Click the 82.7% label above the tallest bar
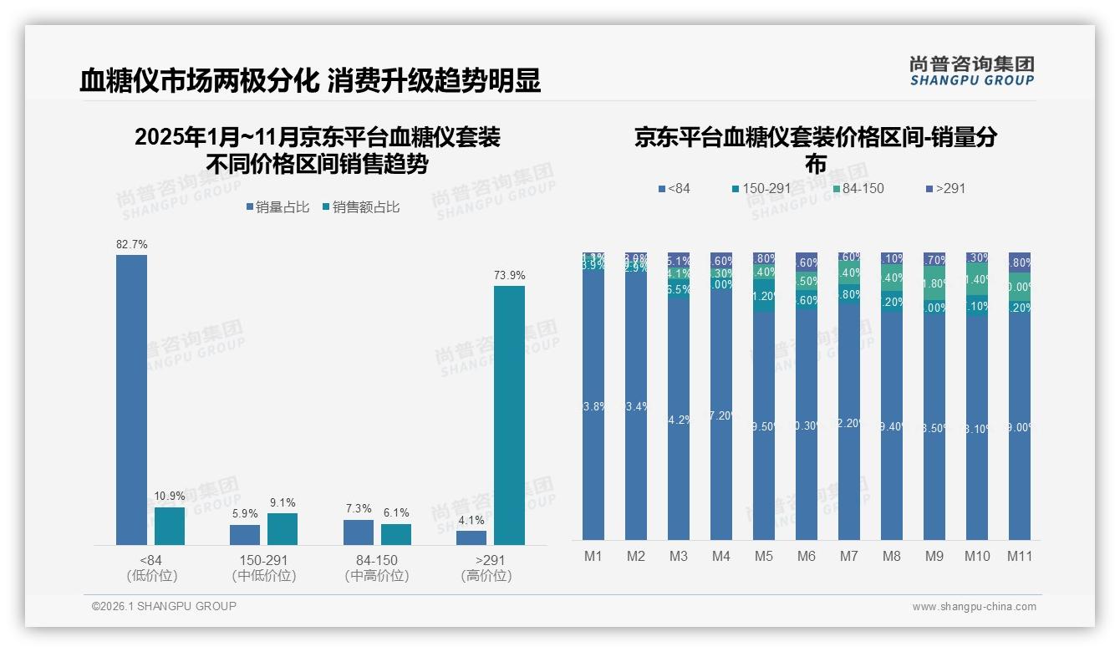pyautogui.click(x=132, y=245)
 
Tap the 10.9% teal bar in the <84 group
pyautogui.click(x=170, y=526)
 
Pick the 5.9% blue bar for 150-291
pyautogui.click(x=245, y=535)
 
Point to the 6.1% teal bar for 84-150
pyautogui.click(x=396, y=535)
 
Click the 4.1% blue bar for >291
pyautogui.click(x=471, y=537)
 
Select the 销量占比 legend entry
pyautogui.click(x=278, y=207)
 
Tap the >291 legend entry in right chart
pyautogui.click(x=946, y=189)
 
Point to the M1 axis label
pyautogui.click(x=593, y=556)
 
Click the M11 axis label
pyautogui.click(x=1019, y=556)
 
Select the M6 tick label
pyautogui.click(x=806, y=556)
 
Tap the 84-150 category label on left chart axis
pyautogui.click(x=377, y=560)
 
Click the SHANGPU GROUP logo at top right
pyautogui.click(x=971, y=71)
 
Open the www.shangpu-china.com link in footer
pyautogui.click(x=974, y=607)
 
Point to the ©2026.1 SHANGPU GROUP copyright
pyautogui.click(x=164, y=606)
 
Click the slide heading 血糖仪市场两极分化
pyautogui.click(x=199, y=81)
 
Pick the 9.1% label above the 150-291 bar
pyautogui.click(x=283, y=503)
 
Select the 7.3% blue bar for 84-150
pyautogui.click(x=359, y=532)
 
